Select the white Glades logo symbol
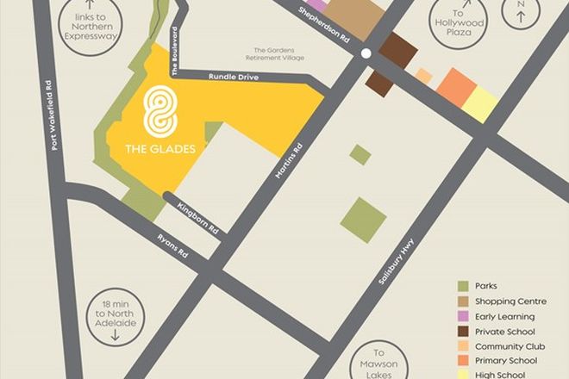[159, 111]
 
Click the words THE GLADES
[159, 148]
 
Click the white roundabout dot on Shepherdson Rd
[366, 53]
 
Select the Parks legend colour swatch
[464, 286]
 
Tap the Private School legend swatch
[464, 332]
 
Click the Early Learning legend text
[505, 316]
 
